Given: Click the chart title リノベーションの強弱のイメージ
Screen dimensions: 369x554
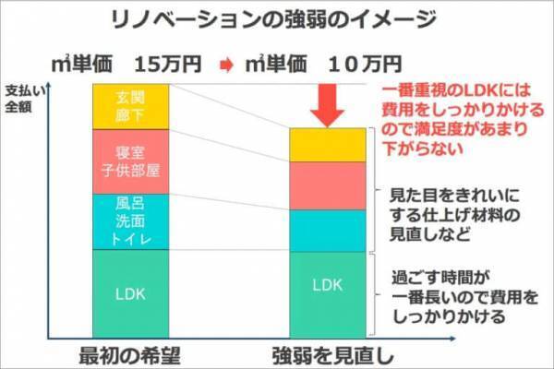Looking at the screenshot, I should [x=276, y=19].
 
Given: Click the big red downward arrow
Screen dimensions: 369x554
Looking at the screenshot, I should [x=327, y=103].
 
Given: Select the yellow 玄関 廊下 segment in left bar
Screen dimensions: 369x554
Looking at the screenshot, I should [x=130, y=105].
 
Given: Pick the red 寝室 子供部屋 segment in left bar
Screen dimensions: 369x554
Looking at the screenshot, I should [x=130, y=161].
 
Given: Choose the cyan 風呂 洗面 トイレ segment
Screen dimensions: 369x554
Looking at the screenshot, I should [x=130, y=221].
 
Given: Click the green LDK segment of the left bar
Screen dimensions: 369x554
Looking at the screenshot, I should [x=130, y=295].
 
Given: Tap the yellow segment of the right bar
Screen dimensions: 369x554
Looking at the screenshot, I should [x=328, y=144].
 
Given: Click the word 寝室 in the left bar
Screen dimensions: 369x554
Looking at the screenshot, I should [x=130, y=152].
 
